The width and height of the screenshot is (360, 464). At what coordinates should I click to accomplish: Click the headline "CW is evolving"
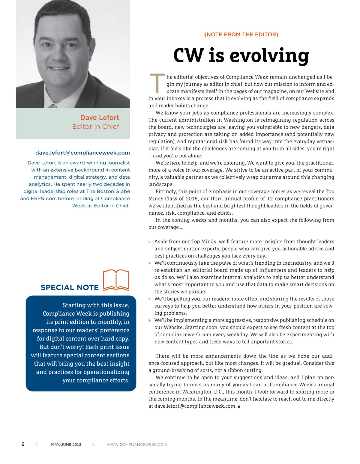[x=241, y=55]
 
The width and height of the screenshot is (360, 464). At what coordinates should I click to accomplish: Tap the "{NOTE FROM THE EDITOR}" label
[x=241, y=34]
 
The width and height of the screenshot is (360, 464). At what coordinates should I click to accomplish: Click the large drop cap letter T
[x=157, y=83]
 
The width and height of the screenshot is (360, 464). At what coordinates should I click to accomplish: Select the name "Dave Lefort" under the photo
[x=100, y=117]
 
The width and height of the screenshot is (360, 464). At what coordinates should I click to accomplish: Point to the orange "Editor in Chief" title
[x=95, y=126]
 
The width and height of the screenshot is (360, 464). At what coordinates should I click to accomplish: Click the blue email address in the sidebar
[x=82, y=153]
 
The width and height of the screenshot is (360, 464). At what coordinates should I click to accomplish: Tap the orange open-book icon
[x=116, y=280]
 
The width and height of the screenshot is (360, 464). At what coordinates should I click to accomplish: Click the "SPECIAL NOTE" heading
[x=70, y=287]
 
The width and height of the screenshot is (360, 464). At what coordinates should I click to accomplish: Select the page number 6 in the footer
[x=23, y=444]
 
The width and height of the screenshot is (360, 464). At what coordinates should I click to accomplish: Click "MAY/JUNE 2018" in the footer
[x=66, y=445]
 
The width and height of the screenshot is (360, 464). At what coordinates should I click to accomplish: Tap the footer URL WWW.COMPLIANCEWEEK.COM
[x=137, y=445]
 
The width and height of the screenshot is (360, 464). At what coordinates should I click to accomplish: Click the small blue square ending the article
[x=239, y=406]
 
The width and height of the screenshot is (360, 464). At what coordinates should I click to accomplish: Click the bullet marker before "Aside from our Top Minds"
[x=150, y=242]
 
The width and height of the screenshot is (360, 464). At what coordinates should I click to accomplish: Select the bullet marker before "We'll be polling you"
[x=150, y=299]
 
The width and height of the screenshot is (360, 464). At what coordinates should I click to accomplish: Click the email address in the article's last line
[x=195, y=406]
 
